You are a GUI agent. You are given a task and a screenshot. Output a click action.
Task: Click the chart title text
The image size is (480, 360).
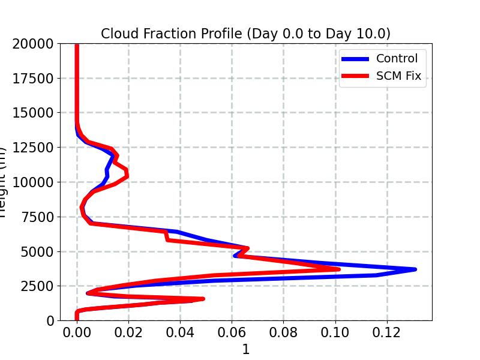[x=245, y=34]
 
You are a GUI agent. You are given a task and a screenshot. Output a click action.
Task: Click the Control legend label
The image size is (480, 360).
[x=397, y=58]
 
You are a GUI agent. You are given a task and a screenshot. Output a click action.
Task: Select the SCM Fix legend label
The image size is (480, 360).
[x=399, y=76]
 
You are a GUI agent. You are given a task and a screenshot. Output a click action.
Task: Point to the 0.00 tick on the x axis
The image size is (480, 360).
[x=77, y=334]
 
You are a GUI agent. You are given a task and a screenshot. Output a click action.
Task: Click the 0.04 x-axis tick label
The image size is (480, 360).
[x=180, y=334]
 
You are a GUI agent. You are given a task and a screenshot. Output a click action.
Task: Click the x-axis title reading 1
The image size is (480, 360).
[x=245, y=349]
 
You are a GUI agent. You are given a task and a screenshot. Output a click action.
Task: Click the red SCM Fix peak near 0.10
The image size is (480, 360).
[x=339, y=269]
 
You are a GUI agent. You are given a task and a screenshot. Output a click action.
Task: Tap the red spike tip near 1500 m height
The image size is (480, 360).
[x=203, y=298]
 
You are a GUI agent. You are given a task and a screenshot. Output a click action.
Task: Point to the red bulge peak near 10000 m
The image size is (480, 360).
[x=127, y=176]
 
